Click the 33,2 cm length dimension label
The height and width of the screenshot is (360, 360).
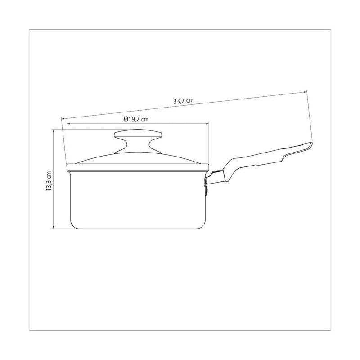pos(184,101)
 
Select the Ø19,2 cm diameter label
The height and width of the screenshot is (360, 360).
pos(136,119)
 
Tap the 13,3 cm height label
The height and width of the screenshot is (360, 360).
pos(49,181)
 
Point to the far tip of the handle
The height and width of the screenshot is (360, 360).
pos(311,144)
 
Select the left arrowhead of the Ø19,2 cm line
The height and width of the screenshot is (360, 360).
pos(68,124)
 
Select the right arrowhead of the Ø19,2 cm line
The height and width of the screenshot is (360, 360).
pos(207,124)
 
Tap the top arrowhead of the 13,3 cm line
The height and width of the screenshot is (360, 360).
pos(54,131)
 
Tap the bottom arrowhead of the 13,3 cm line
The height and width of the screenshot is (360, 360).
pos(54,227)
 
